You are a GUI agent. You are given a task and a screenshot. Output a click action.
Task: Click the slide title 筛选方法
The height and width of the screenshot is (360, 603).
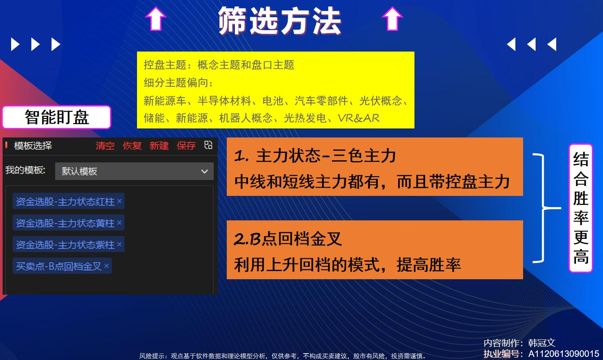(x=280, y=21)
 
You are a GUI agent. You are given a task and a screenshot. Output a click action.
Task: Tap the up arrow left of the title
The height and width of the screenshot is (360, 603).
(x=155, y=18)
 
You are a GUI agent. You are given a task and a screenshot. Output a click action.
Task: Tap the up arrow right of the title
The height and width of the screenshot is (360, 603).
(x=392, y=18)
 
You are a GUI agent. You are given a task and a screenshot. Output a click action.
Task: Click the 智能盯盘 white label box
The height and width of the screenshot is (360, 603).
(x=57, y=117)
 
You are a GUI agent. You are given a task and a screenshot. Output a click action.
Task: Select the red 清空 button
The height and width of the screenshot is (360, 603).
(x=105, y=146)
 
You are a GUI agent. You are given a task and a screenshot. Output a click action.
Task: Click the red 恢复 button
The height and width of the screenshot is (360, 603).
(x=132, y=146)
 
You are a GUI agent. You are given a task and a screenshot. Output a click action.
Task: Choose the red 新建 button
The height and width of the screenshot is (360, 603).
(x=159, y=146)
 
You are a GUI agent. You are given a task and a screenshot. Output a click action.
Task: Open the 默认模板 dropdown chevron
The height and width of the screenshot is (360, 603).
(x=204, y=171)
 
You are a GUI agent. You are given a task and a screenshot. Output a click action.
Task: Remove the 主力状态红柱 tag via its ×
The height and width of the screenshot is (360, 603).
(x=119, y=201)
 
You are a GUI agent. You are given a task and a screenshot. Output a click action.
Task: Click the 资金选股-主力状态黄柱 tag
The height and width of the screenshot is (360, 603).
(x=68, y=223)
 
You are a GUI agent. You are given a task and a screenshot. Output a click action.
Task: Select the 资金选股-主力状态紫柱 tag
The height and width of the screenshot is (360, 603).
(x=68, y=244)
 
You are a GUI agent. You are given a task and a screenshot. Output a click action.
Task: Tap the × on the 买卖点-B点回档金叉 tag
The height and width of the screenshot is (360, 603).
(x=107, y=266)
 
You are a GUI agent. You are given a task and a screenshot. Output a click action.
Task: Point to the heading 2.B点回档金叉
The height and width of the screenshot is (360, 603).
(x=287, y=239)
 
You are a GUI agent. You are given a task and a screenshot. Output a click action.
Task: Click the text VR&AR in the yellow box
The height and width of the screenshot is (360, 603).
(x=359, y=118)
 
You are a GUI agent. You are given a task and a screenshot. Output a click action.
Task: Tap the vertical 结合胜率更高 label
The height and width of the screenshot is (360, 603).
(x=581, y=208)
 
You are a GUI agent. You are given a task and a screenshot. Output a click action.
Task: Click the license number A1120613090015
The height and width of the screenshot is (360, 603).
(x=563, y=354)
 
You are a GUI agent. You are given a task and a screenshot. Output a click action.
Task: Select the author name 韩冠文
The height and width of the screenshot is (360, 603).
(x=542, y=343)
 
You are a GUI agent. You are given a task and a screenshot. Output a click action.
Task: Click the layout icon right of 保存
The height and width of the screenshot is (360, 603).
(x=208, y=145)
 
